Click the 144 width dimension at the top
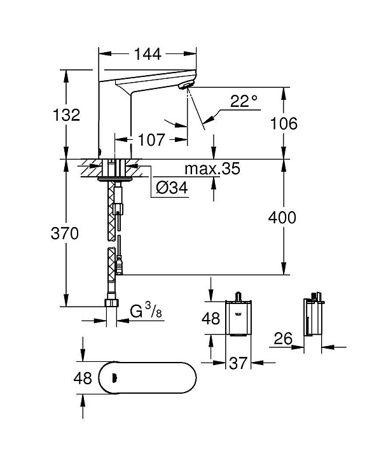coord(148,54)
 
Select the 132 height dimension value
coord(67,114)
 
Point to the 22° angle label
coord(244,101)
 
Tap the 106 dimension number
coord(284,123)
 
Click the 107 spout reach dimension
coord(151,139)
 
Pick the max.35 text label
coord(212,169)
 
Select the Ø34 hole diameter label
coord(172,188)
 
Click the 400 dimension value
coord(282,218)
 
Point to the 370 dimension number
coord(64,233)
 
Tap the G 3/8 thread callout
coord(146,310)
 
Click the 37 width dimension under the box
coord(238,363)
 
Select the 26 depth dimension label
coord(283,338)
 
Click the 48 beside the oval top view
coord(83,378)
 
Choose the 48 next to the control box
coord(211,318)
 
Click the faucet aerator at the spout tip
coord(184,86)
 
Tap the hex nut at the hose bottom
coord(111,303)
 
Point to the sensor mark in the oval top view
coord(114,378)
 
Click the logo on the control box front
coord(238,314)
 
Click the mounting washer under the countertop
coord(115,179)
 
